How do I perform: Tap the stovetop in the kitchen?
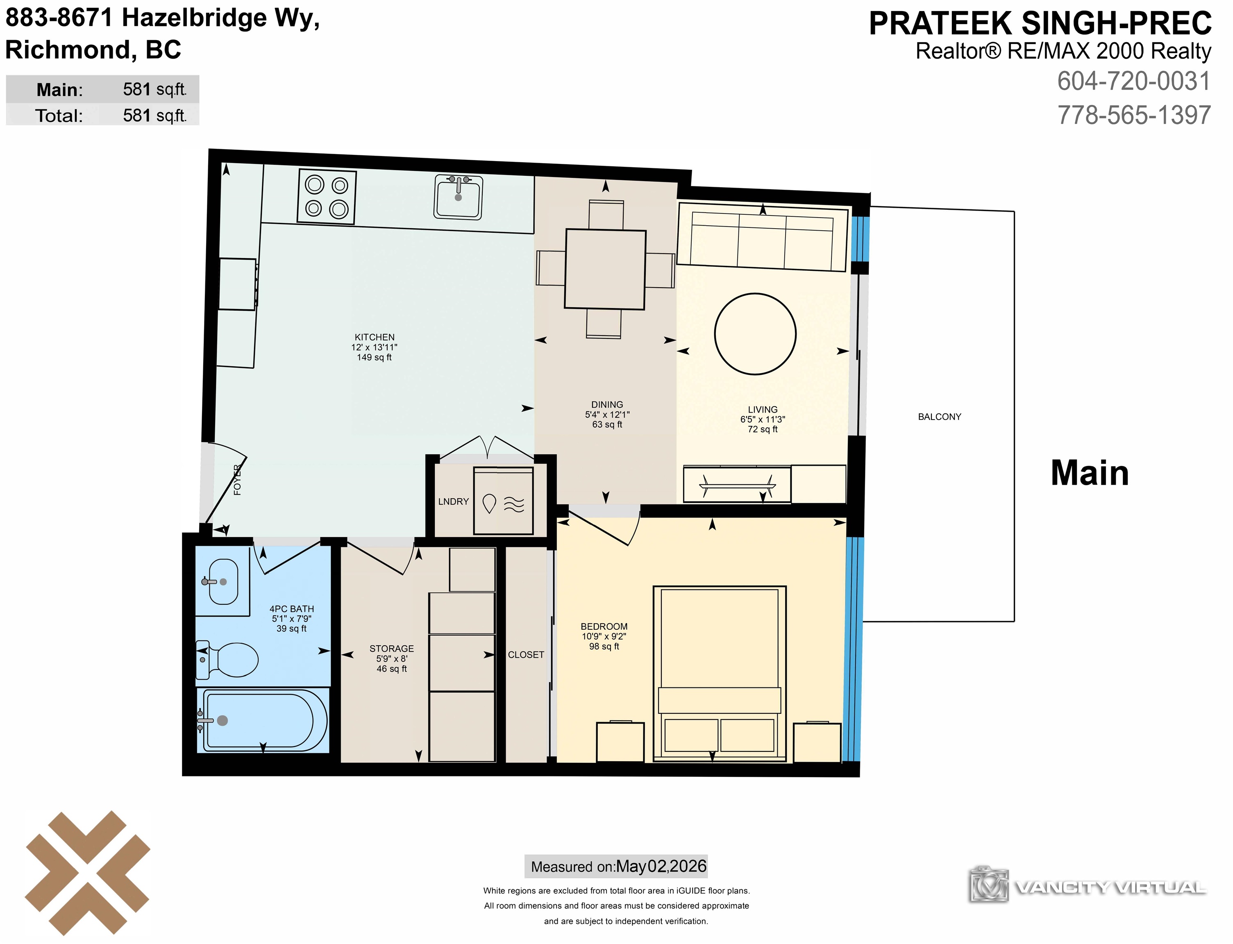pos(327,197)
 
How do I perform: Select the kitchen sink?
pos(459,197)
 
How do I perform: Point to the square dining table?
pos(605,269)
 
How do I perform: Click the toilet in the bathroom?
pos(227,658)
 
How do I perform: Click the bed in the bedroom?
pos(719,674)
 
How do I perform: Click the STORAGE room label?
pos(391,649)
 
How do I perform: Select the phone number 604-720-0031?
pos(1133,82)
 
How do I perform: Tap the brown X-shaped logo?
pos(88,873)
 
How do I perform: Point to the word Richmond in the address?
pos(68,50)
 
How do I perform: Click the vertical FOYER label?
pos(237,480)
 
